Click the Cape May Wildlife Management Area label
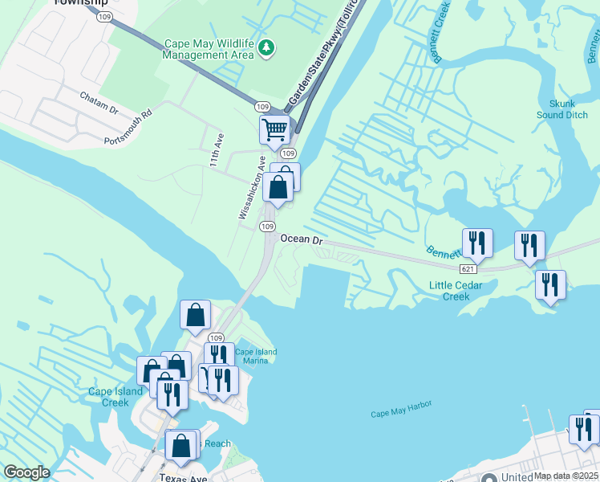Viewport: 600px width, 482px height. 208,50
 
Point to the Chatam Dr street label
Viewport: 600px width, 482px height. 99,103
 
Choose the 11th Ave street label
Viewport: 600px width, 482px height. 214,151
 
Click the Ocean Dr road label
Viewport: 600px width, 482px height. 302,240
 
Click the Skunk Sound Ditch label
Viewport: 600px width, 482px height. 562,109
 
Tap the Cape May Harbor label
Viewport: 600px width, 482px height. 401,413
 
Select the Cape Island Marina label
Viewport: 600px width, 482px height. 255,357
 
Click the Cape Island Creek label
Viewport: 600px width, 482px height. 116,397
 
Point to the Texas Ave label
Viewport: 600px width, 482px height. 183,478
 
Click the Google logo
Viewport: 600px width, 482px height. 26,473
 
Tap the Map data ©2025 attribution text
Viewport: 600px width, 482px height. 566,476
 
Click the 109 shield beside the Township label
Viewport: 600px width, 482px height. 103,17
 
